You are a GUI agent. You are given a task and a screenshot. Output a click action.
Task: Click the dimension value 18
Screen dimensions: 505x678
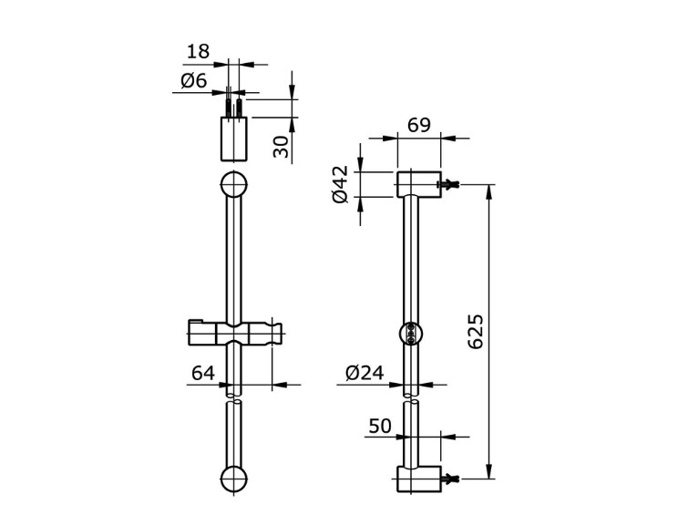(x=198, y=52)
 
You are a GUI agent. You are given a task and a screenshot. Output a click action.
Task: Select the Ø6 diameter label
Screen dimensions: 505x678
(x=194, y=81)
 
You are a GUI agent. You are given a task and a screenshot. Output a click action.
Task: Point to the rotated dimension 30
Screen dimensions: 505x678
(x=282, y=145)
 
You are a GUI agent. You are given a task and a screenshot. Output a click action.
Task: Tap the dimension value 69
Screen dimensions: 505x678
(x=419, y=125)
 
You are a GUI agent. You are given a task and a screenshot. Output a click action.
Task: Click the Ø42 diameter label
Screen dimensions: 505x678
(x=341, y=184)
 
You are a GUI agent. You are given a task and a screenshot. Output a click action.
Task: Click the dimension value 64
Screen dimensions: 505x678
(x=203, y=372)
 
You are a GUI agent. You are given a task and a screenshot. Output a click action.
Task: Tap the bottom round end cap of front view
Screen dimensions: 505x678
(x=234, y=479)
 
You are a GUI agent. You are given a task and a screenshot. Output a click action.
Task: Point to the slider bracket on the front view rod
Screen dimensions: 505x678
(x=234, y=333)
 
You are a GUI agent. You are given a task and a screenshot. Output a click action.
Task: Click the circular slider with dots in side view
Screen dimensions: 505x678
(x=412, y=334)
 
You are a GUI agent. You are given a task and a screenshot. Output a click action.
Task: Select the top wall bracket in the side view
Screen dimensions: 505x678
(x=418, y=184)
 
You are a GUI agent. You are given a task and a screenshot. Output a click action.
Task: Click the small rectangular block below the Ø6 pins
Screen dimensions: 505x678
(x=234, y=138)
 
